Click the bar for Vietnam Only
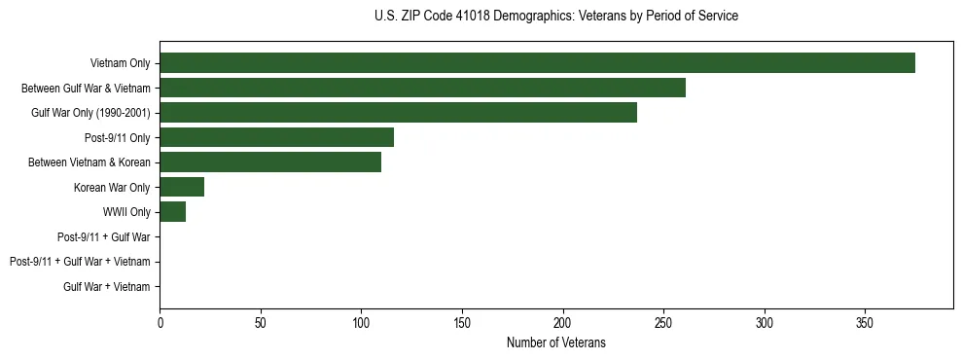click(x=537, y=63)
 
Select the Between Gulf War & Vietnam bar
click(x=422, y=88)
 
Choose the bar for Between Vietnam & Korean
click(x=270, y=162)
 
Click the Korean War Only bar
click(x=182, y=187)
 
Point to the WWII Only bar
click(x=172, y=212)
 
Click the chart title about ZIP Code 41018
click(x=555, y=17)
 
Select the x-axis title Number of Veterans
click(x=555, y=342)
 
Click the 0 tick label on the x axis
click(x=160, y=321)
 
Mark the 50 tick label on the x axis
click(x=261, y=321)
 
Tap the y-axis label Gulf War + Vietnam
click(x=107, y=287)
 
